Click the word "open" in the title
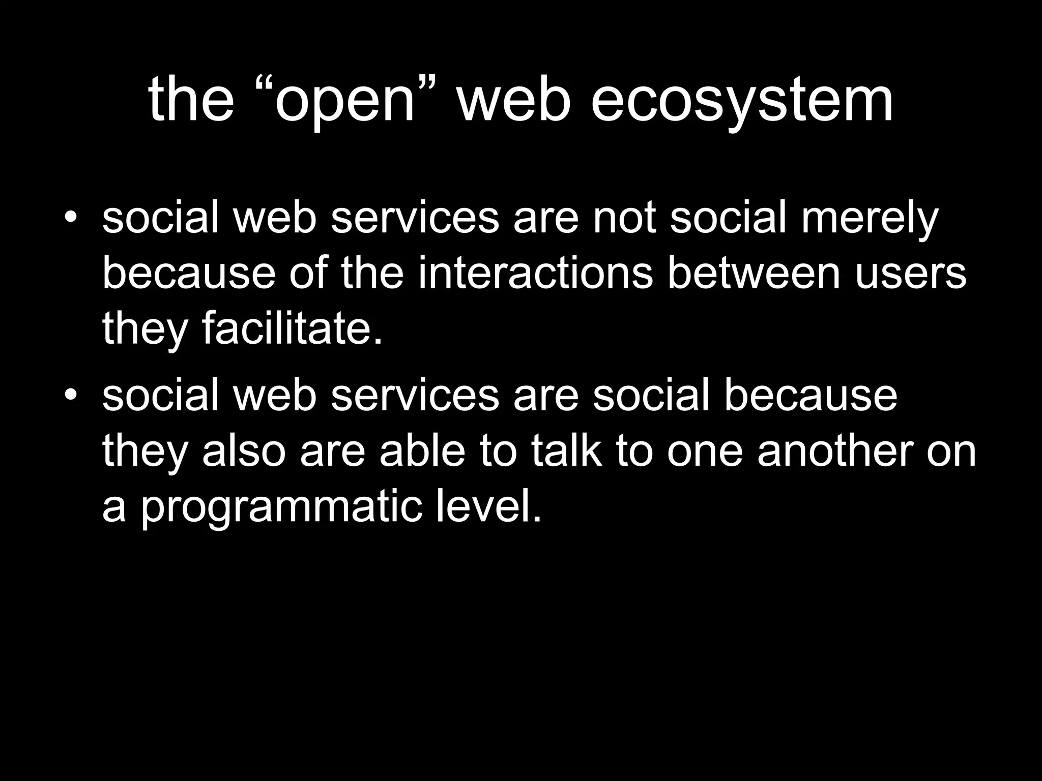pyautogui.click(x=346, y=102)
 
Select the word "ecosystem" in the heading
pyautogui.click(x=741, y=102)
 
